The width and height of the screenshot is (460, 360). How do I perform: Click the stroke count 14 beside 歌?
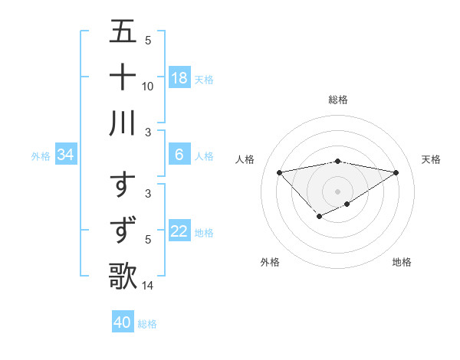pyautogui.click(x=148, y=286)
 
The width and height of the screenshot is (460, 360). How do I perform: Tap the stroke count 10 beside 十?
pyautogui.click(x=148, y=86)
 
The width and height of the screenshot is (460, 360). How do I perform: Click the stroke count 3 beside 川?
pyautogui.click(x=148, y=132)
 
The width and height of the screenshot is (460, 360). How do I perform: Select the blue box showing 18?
pyautogui.click(x=179, y=78)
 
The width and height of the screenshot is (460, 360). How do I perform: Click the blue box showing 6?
pyautogui.click(x=179, y=155)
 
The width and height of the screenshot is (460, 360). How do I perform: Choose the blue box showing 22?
pyautogui.click(x=179, y=232)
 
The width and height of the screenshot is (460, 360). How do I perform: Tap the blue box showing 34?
pyautogui.click(x=66, y=155)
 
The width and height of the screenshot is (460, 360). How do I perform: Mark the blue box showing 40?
pyautogui.click(x=122, y=322)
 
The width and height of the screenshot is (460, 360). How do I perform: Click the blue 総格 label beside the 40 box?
pyautogui.click(x=147, y=324)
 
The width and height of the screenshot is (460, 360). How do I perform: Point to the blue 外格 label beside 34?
pyautogui.click(x=41, y=156)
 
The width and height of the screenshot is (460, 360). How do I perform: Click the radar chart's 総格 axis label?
pyautogui.click(x=337, y=100)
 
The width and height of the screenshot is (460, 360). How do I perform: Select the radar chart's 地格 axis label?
pyautogui.click(x=402, y=262)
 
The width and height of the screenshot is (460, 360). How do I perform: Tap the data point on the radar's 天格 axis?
pyautogui.click(x=396, y=172)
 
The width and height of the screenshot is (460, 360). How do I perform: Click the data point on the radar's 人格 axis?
pyautogui.click(x=279, y=172)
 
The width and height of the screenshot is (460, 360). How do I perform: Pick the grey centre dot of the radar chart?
pyautogui.click(x=337, y=191)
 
